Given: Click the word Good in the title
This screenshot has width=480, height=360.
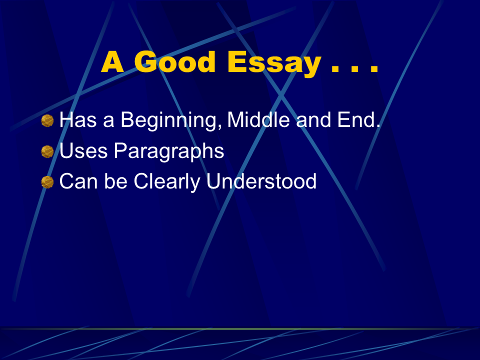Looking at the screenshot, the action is tap(175, 61).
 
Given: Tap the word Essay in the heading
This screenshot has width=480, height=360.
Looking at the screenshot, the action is tap(274, 63).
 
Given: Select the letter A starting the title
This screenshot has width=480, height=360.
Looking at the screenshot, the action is tap(112, 61).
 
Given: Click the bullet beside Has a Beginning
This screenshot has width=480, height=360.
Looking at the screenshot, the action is tap(47, 120).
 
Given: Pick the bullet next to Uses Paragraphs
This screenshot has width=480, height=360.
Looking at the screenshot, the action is tap(47, 151).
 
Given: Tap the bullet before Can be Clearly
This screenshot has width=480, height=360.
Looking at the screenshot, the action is tap(47, 182).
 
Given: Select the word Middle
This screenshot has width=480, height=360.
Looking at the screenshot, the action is tap(258, 119).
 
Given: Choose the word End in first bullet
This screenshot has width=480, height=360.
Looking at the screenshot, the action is tap(356, 119).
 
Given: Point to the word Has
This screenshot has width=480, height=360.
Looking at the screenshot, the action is tap(78, 119).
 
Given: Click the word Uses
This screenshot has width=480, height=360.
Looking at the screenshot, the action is tap(83, 150).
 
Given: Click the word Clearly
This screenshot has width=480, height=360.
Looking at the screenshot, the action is tap(167, 182).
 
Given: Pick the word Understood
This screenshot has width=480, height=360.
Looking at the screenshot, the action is tap(261, 181).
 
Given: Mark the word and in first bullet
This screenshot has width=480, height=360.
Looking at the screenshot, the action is tap(313, 119).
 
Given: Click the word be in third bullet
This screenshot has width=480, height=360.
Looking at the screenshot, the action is tap(115, 181).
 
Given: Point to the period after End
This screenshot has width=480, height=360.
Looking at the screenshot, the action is tap(378, 126).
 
